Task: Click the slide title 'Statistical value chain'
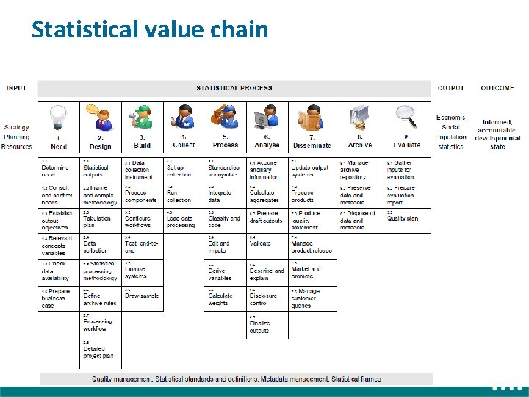(150, 29)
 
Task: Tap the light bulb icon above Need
(58, 118)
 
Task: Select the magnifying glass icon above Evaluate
(406, 118)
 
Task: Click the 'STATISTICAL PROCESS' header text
(234, 88)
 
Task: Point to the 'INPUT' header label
(17, 88)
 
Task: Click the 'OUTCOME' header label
(497, 88)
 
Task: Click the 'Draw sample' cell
(141, 296)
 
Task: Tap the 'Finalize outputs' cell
(260, 326)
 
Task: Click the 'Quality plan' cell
(403, 218)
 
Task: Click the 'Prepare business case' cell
(58, 298)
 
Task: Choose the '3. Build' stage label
(142, 141)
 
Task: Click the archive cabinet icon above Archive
(359, 118)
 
